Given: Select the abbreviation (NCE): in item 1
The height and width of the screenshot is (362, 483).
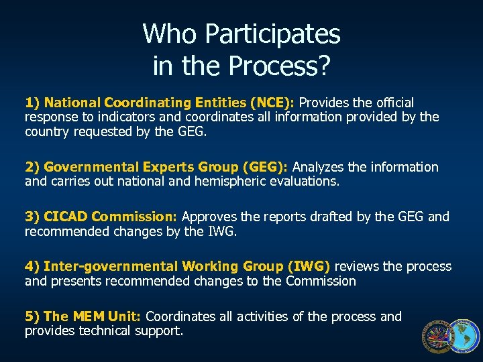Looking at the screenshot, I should click(x=272, y=103).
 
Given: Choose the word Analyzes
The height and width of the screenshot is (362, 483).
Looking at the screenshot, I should click(x=317, y=167).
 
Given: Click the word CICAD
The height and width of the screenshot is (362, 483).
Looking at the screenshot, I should click(x=66, y=217).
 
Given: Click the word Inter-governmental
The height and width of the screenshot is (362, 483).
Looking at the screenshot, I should click(x=107, y=266).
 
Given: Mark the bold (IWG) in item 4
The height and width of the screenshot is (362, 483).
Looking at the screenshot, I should click(x=309, y=266).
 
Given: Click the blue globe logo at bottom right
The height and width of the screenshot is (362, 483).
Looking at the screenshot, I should click(x=464, y=337).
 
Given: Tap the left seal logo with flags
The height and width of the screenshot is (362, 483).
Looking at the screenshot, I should click(x=437, y=337).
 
